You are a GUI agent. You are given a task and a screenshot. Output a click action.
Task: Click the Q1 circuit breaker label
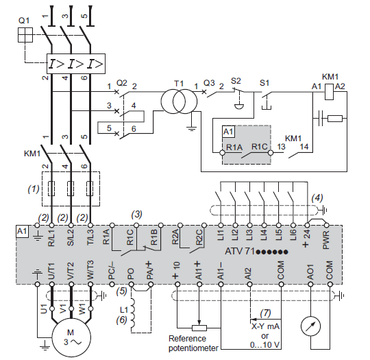click(x=24, y=21)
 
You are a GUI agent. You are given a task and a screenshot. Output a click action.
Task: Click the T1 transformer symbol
click(x=179, y=101)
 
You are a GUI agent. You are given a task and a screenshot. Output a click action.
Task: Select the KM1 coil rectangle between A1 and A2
click(x=329, y=92)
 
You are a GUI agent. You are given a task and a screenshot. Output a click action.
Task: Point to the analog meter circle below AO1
click(x=310, y=326)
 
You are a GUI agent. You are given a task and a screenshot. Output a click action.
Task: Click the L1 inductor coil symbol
click(x=134, y=313)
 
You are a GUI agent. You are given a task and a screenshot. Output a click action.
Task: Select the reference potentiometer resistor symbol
click(x=199, y=328)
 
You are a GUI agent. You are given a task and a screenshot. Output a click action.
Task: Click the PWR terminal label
click(x=326, y=240)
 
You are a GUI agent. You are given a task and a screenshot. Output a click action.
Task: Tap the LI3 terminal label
click(x=249, y=235)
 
